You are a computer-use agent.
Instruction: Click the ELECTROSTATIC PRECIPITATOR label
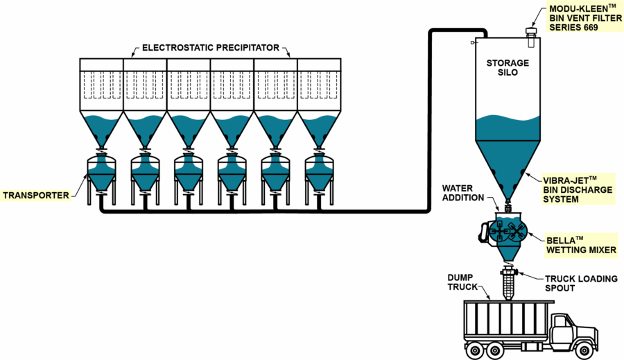[x=210, y=49]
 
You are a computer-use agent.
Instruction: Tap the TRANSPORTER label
[x=36, y=195]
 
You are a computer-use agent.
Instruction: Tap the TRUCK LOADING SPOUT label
[x=580, y=284]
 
